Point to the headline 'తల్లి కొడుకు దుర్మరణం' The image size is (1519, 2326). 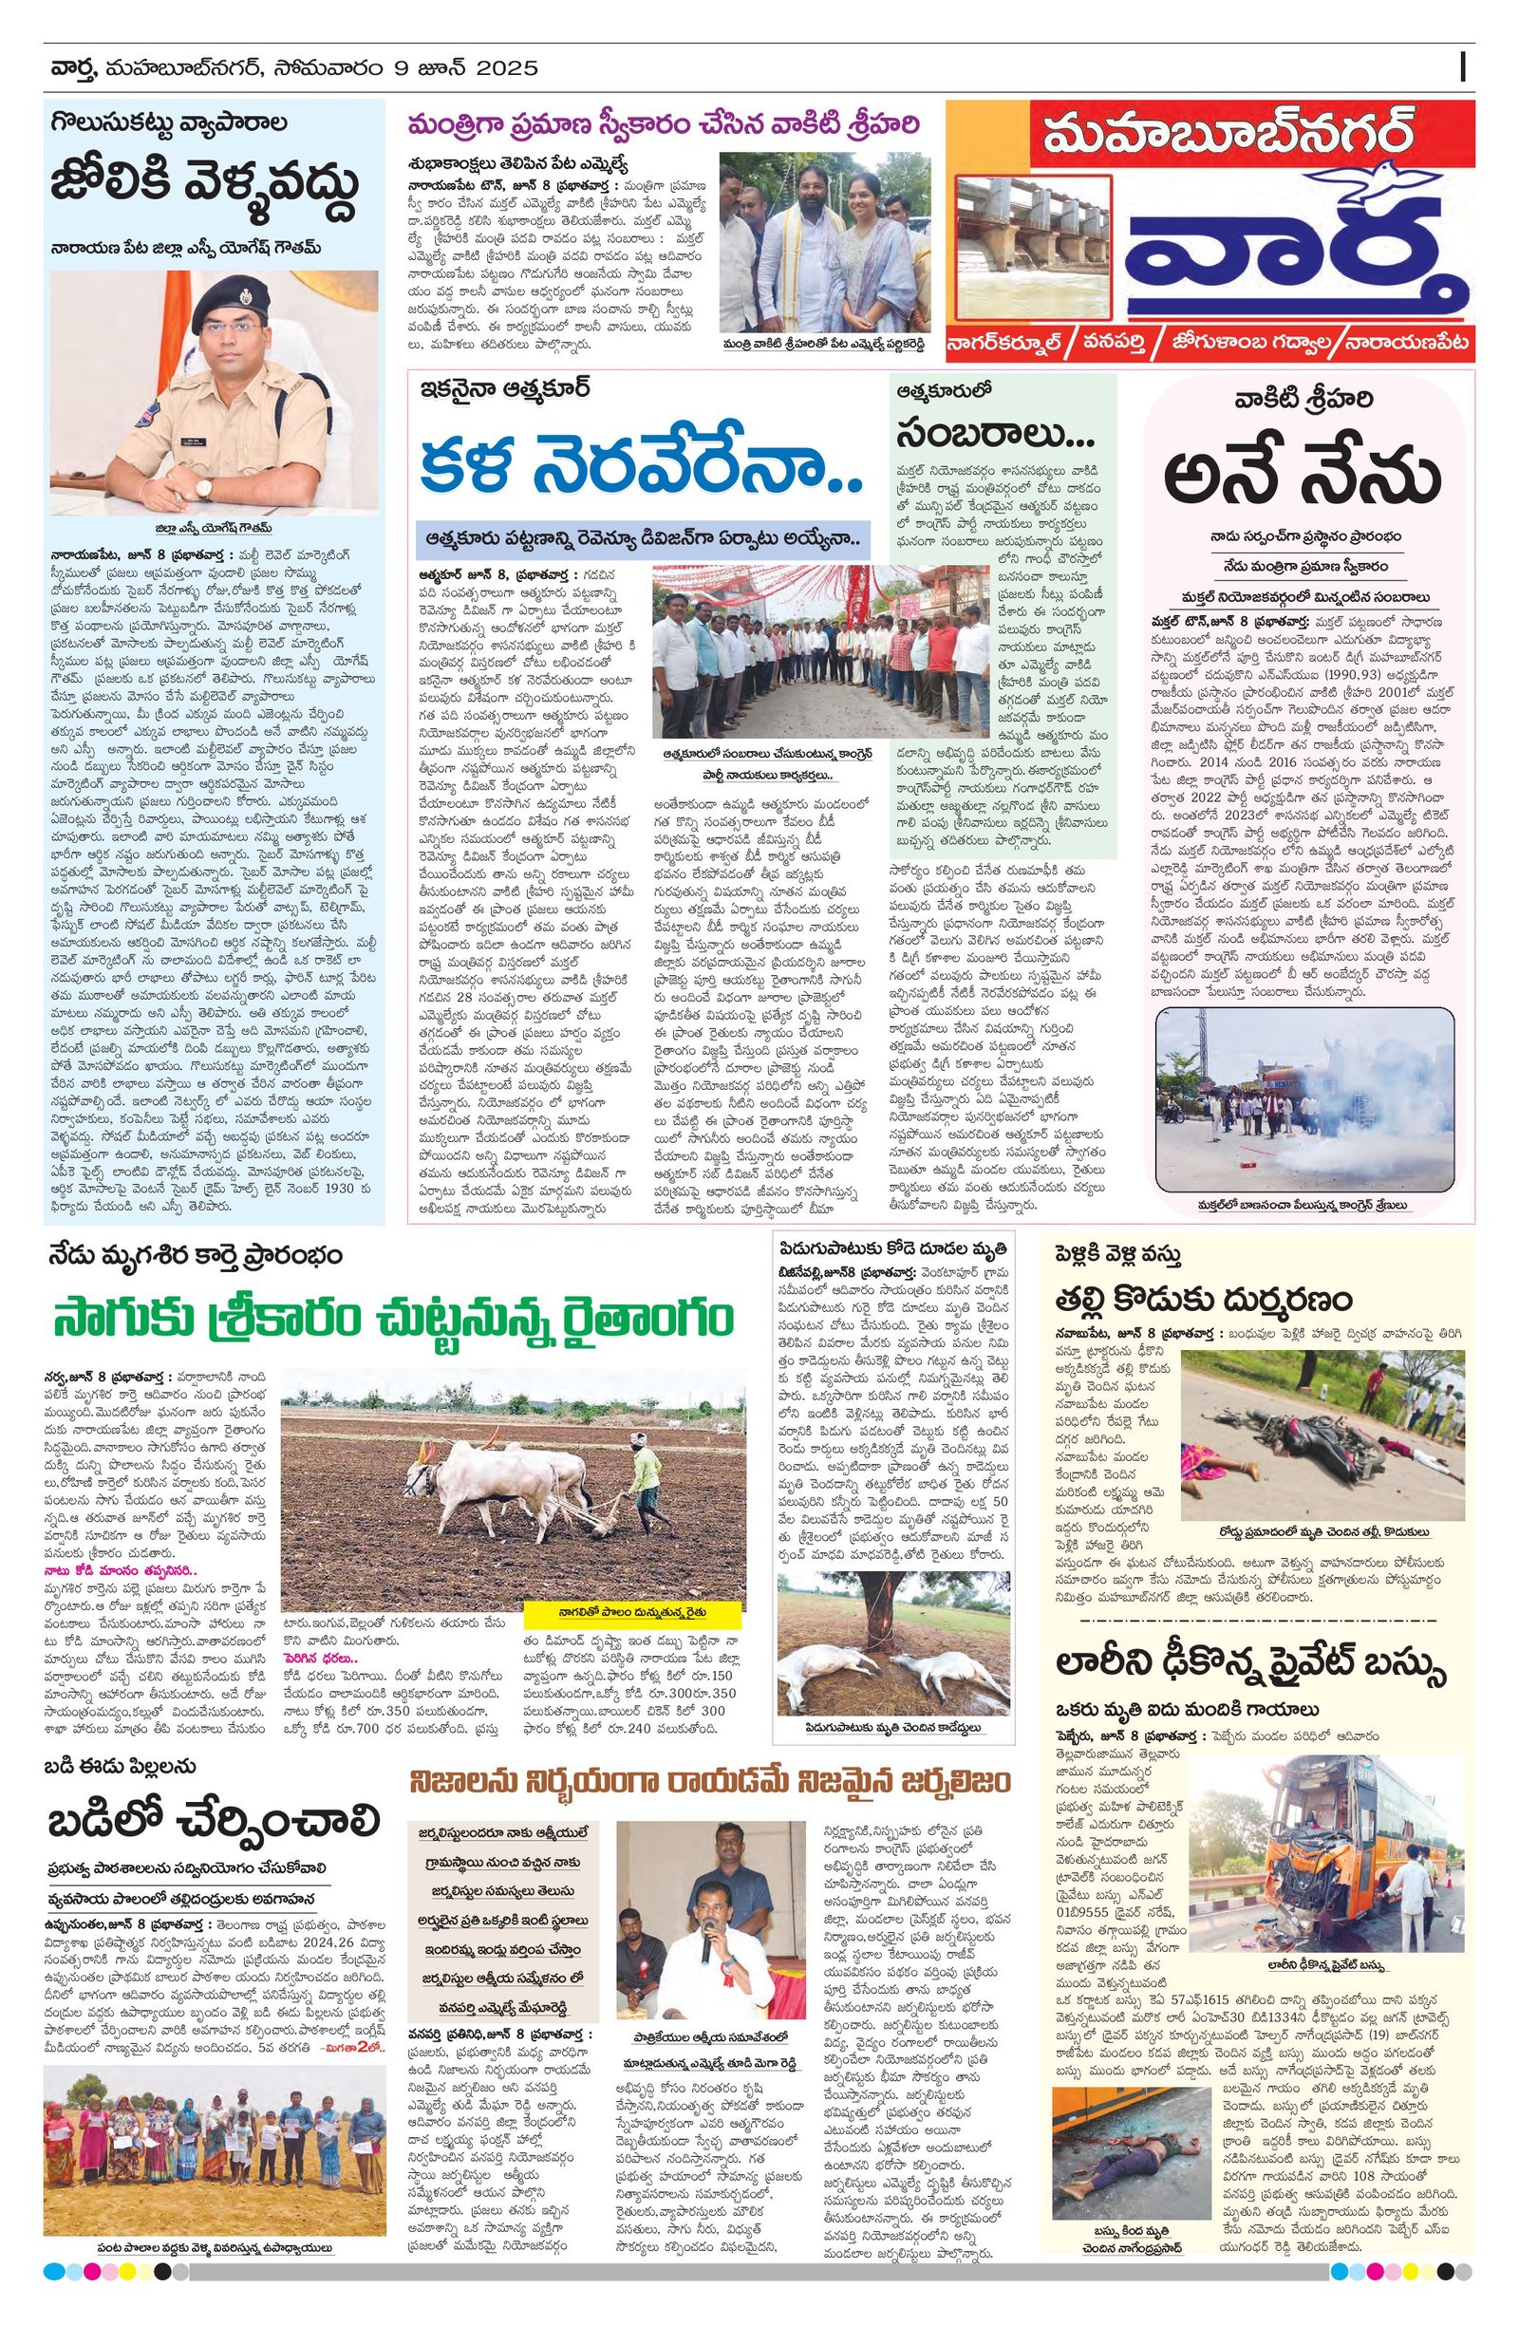(1203, 1299)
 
